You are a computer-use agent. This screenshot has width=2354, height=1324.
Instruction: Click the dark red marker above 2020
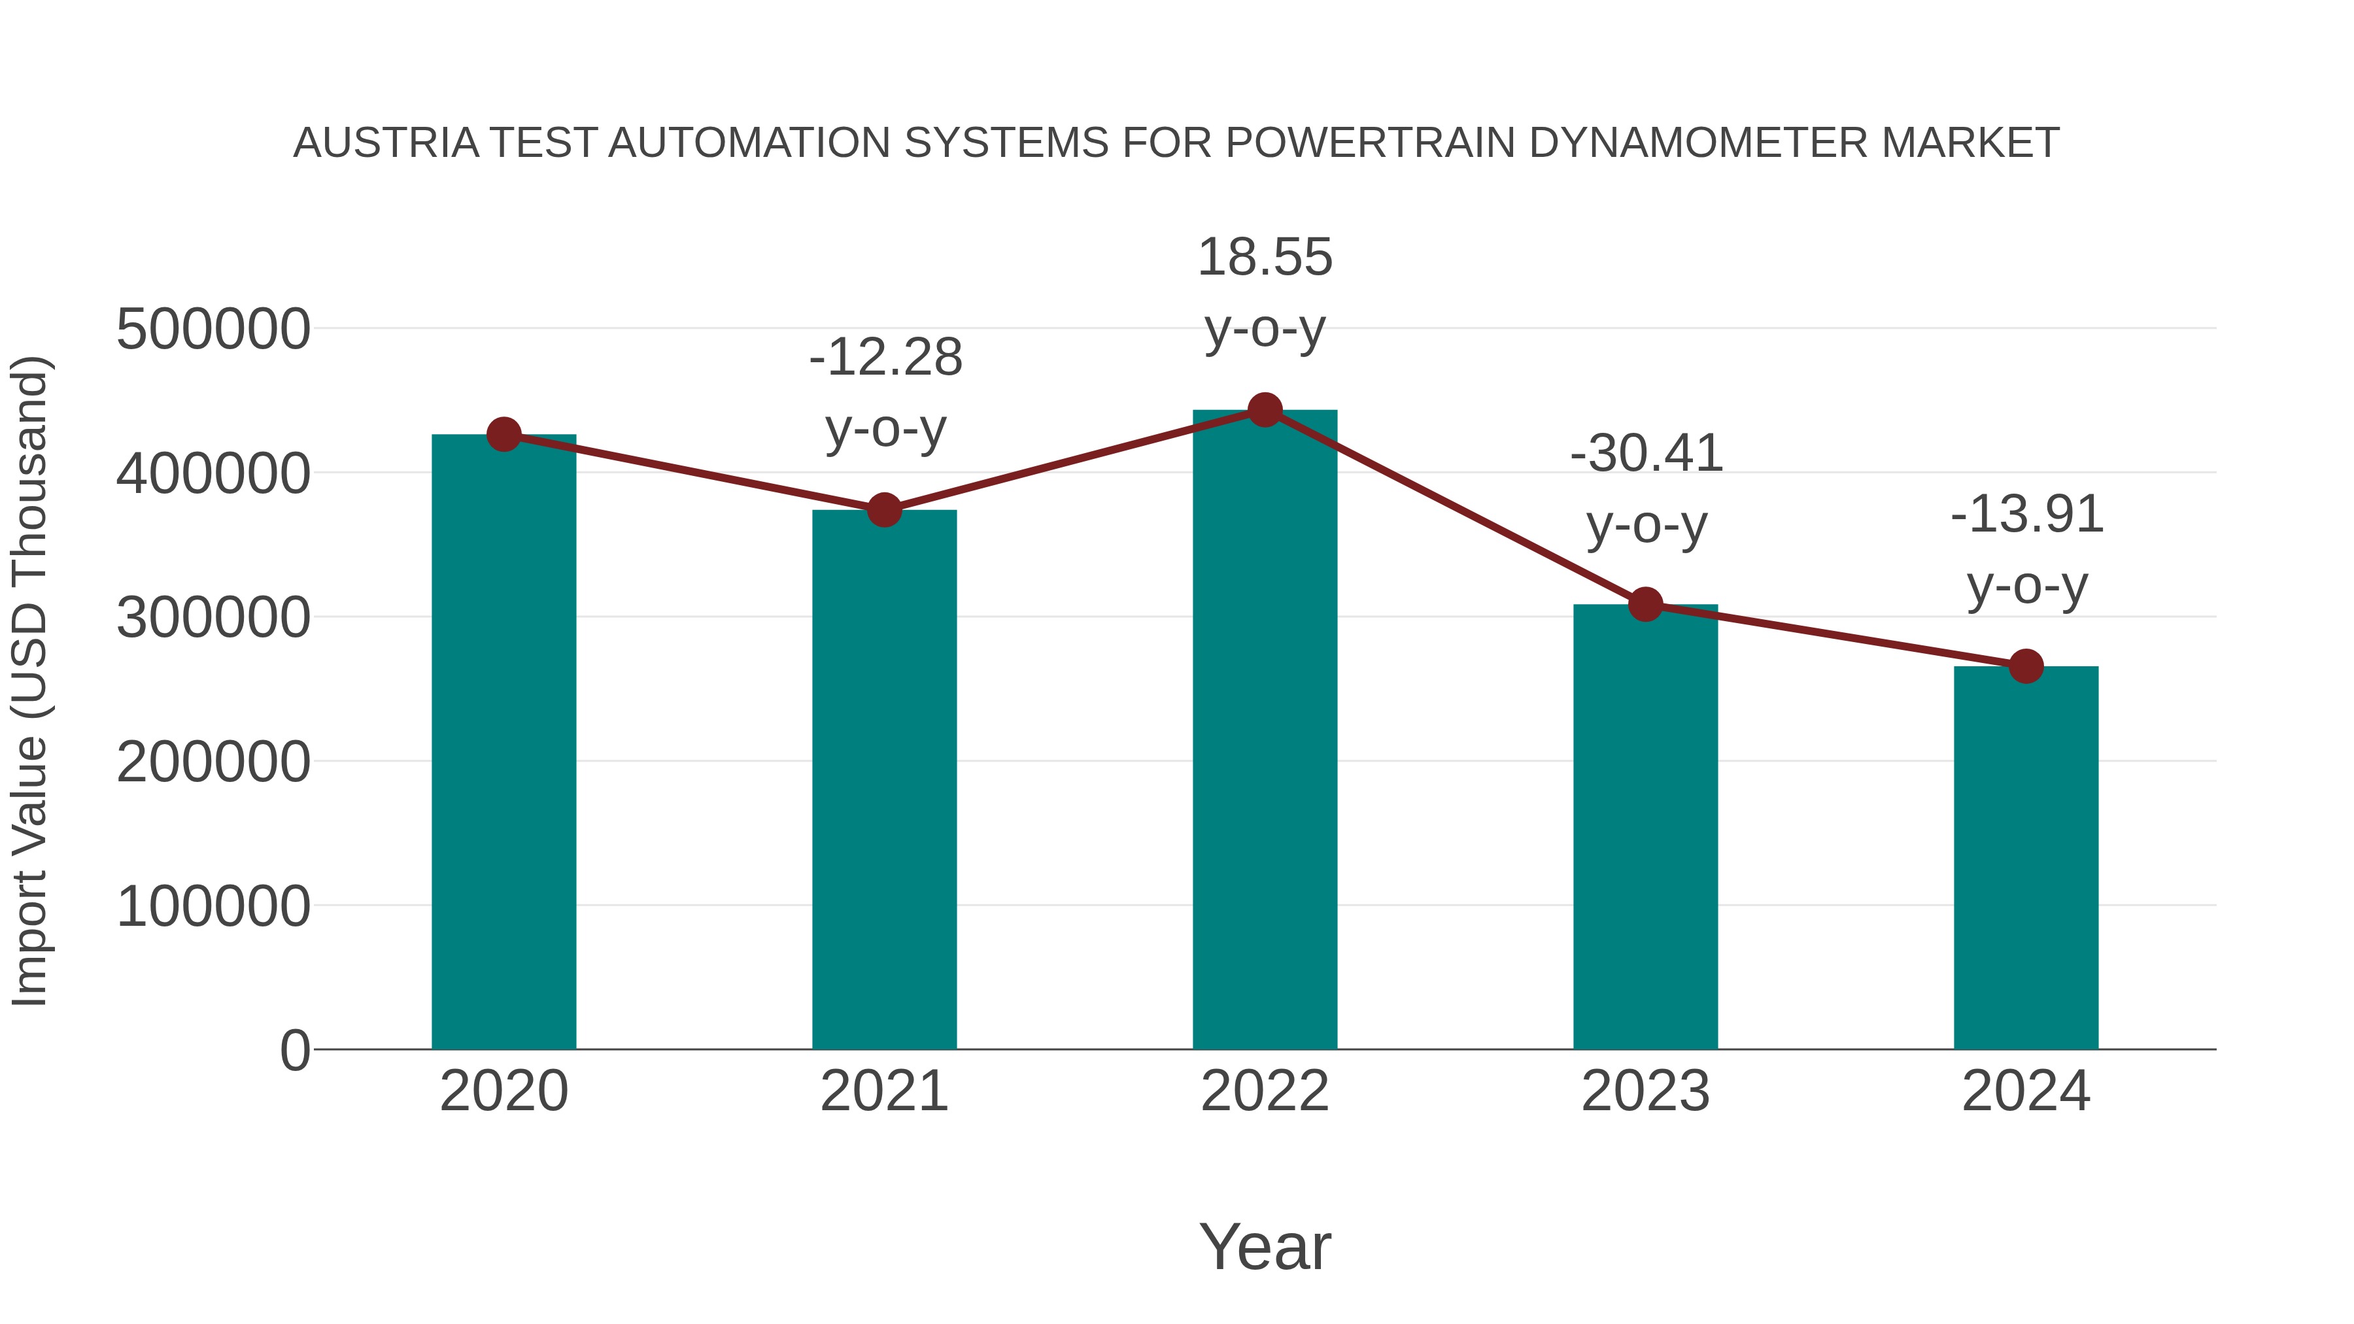tap(503, 435)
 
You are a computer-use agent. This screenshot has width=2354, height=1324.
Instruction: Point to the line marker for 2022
tap(1265, 410)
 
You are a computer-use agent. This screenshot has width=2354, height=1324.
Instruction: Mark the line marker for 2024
tap(2026, 666)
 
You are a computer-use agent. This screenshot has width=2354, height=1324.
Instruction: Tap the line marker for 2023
tap(1645, 604)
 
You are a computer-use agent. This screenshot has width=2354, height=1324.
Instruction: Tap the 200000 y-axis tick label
tap(213, 762)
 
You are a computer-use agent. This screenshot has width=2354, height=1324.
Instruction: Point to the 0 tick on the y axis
tap(294, 1051)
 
